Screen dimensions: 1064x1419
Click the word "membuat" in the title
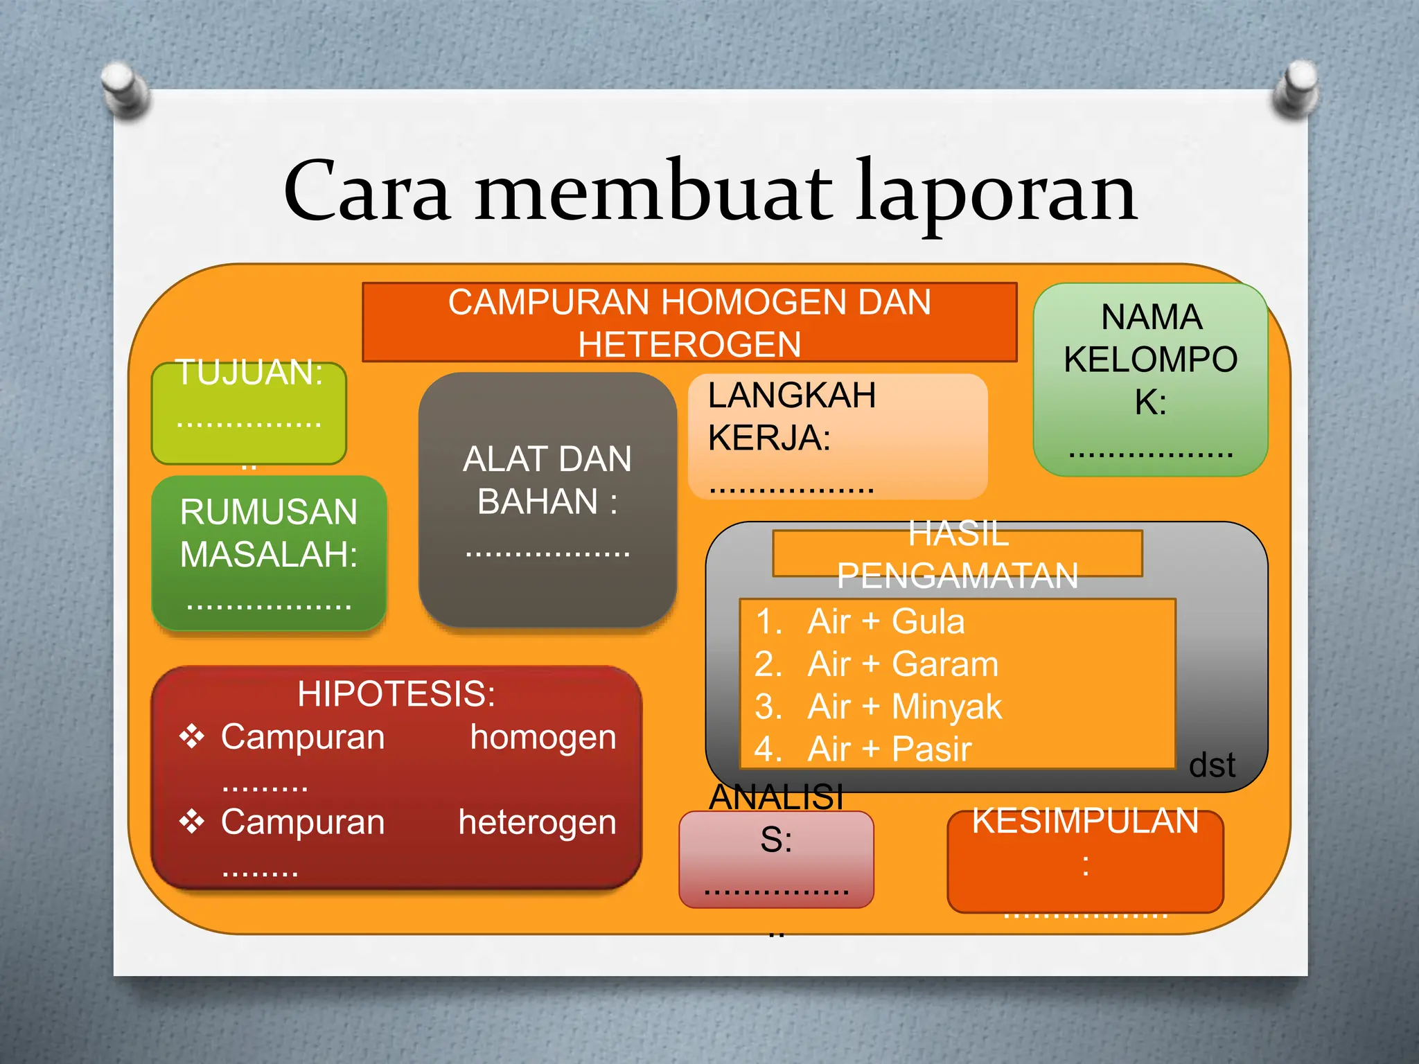[653, 190]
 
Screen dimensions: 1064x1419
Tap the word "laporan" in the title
[996, 194]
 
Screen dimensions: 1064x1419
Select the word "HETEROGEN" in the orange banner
[689, 345]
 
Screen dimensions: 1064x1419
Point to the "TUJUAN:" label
[249, 373]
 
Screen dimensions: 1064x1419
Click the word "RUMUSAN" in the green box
[268, 512]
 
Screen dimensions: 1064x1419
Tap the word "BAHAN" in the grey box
[538, 502]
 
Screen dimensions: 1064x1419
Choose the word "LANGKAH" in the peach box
[792, 396]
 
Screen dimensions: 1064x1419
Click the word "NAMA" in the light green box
[1151, 317]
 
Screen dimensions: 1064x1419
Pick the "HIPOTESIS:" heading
[396, 693]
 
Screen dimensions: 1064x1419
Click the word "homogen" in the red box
[543, 737]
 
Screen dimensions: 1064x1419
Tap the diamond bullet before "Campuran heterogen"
[192, 822]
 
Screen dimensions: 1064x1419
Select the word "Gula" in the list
[928, 621]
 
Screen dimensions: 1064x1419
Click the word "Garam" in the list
[945, 664]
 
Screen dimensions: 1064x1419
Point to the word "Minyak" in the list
[946, 707]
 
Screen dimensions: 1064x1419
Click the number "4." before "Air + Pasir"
[768, 750]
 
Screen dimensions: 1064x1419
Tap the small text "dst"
[1212, 765]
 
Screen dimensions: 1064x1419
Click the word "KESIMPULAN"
[1085, 822]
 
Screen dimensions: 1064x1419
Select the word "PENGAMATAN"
[958, 576]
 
